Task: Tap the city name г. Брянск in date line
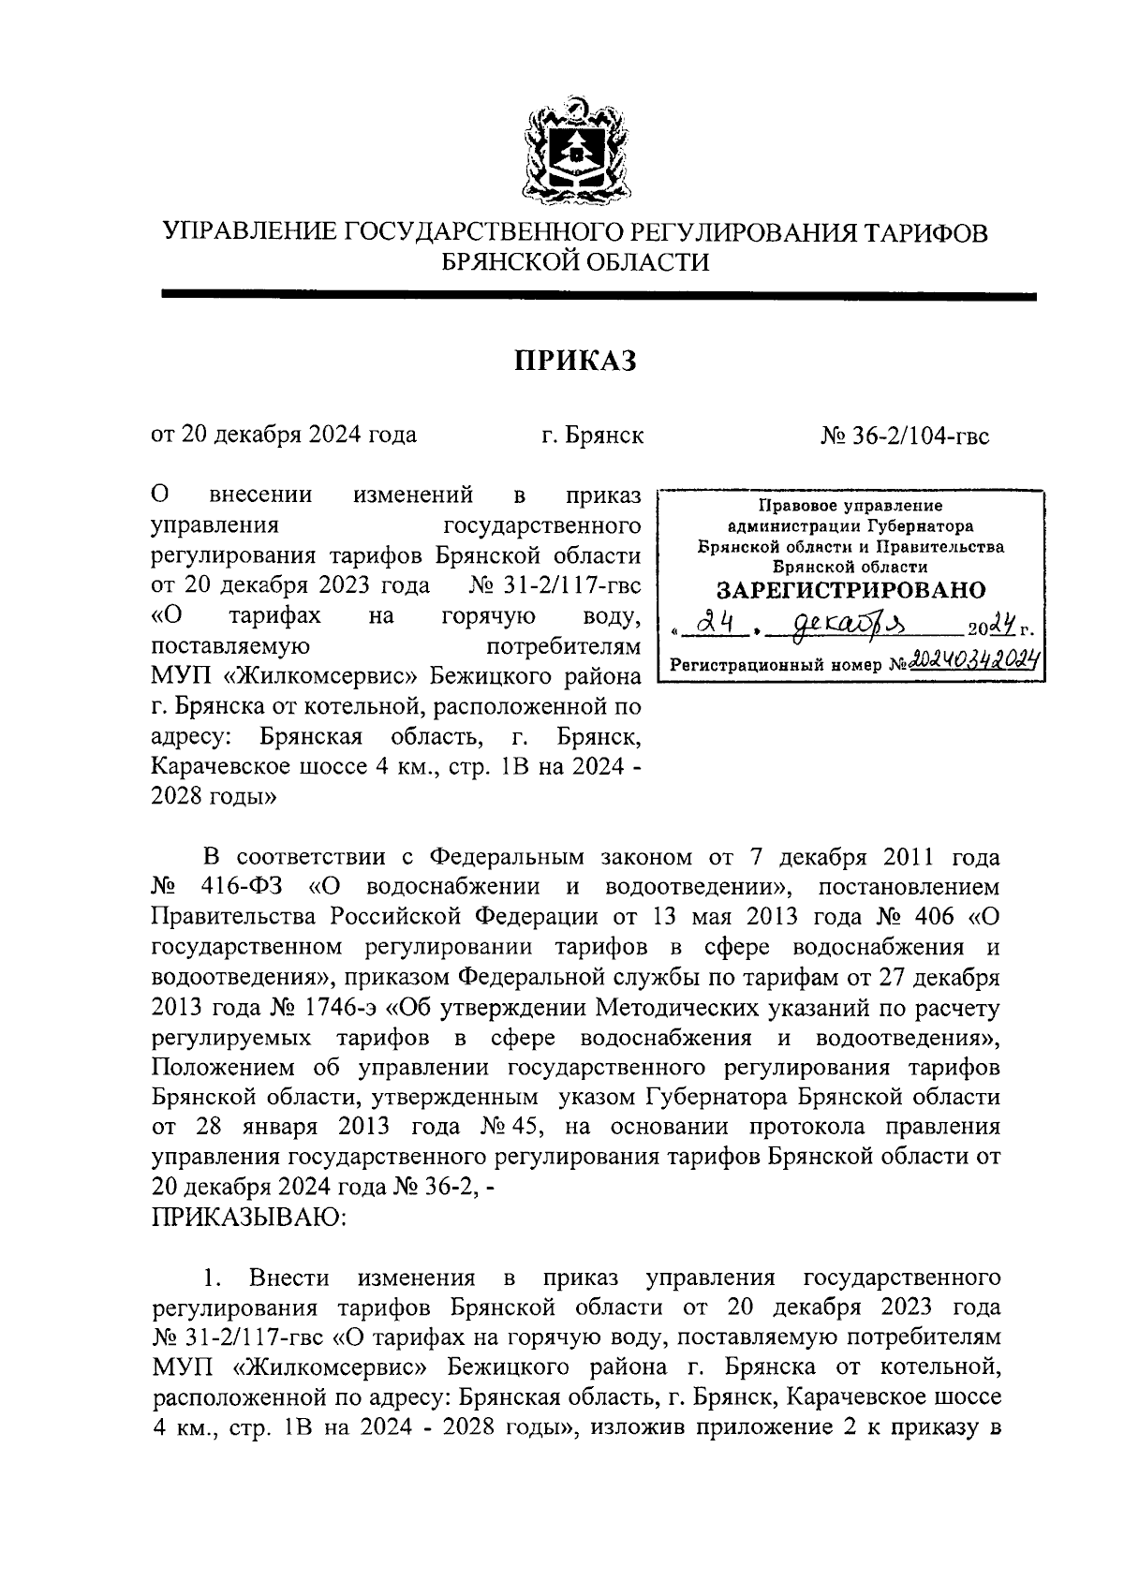click(592, 436)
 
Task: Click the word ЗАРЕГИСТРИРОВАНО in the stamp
click(850, 590)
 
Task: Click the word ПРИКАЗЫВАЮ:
click(249, 1217)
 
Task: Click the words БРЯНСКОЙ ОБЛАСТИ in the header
click(574, 263)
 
